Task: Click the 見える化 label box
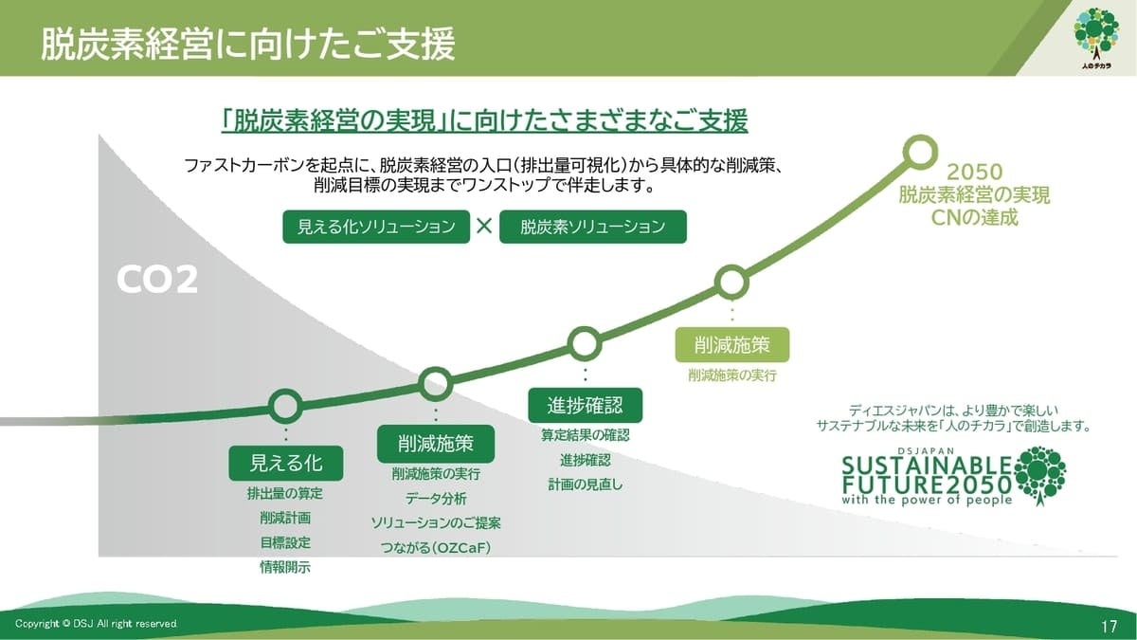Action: (x=285, y=463)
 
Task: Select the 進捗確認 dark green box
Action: (x=585, y=405)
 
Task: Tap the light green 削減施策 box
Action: (x=732, y=345)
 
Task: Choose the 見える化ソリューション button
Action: (x=376, y=227)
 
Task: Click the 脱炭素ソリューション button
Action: (x=592, y=227)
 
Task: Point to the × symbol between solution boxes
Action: (x=484, y=227)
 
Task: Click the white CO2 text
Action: (x=157, y=280)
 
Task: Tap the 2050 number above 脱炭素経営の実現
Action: (x=974, y=174)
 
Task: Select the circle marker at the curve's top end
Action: (x=918, y=152)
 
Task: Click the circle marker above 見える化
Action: (x=285, y=406)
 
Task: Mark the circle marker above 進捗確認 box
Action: (x=585, y=342)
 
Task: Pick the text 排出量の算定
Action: (x=285, y=493)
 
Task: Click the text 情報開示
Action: (x=285, y=567)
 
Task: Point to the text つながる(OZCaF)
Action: (x=436, y=548)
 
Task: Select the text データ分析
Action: (x=436, y=499)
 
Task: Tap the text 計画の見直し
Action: (x=585, y=485)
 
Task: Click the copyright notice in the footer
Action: (x=96, y=623)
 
